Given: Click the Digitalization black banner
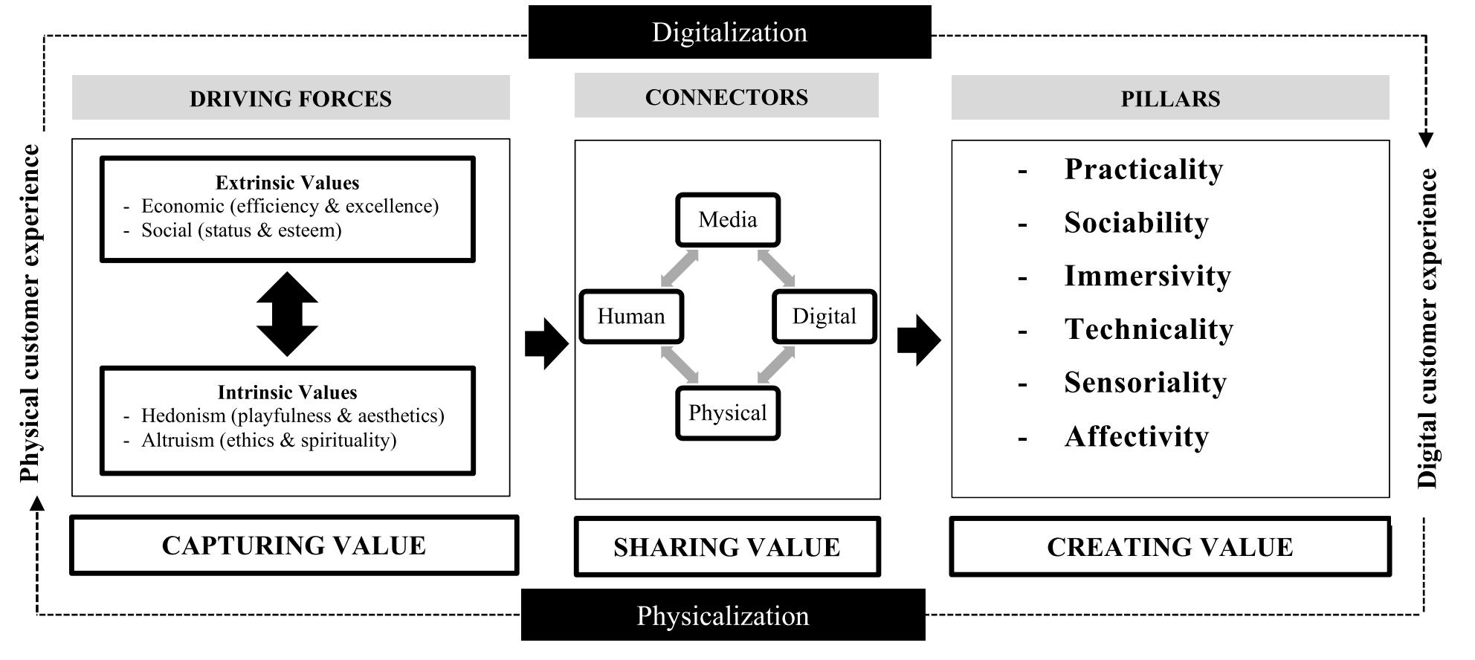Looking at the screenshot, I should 729,32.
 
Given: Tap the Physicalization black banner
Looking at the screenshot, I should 723,615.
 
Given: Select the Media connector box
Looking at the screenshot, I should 728,220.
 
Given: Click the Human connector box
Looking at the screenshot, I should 631,317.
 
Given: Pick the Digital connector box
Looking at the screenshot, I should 824,317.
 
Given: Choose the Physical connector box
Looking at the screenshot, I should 728,413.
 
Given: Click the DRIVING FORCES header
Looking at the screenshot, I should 291,98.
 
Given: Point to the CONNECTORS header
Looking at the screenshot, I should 726,97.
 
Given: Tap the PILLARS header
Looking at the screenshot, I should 1170,98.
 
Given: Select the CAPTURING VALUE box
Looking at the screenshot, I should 294,546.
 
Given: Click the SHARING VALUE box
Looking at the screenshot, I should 727,547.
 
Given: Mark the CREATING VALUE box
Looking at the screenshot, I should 1170,547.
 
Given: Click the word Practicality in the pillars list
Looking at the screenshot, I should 1143,169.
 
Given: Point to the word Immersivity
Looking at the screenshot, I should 1147,276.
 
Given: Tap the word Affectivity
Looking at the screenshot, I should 1136,437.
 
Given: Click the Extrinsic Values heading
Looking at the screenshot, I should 287,183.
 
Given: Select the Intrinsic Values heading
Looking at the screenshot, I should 287,392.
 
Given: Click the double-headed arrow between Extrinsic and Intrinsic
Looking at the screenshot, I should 287,314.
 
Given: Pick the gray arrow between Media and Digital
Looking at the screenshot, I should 776,268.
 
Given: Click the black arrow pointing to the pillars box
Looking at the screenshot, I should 919,340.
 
